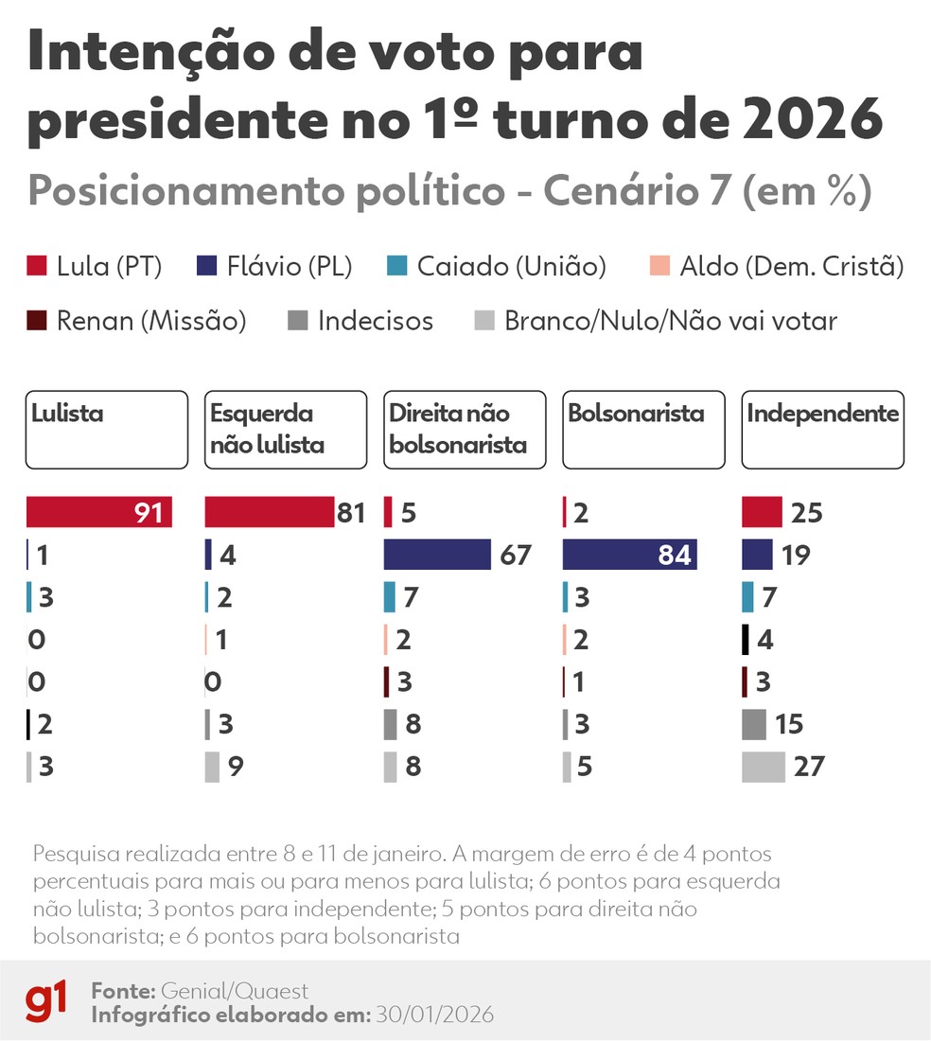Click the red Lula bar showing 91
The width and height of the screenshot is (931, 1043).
pos(98,512)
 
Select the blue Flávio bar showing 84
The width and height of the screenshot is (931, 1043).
pos(629,555)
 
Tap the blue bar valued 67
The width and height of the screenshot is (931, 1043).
pos(437,555)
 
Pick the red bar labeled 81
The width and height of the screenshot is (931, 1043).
pos(270,512)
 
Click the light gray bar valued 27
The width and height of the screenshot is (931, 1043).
pos(764,767)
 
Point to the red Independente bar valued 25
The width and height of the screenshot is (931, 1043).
pos(762,512)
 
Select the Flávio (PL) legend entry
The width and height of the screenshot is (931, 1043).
pos(275,267)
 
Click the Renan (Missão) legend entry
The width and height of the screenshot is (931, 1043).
pos(136,321)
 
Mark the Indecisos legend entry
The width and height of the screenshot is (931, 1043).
pos(360,321)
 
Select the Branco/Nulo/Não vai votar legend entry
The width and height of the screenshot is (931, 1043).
pos(655,321)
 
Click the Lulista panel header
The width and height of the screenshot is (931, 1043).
pos(106,430)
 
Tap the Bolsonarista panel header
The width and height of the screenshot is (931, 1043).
pos(643,430)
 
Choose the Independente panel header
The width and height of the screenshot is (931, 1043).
pos(822,430)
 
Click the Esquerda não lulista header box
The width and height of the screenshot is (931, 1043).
pos(285,430)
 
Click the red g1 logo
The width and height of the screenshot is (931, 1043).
pos(46,1001)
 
